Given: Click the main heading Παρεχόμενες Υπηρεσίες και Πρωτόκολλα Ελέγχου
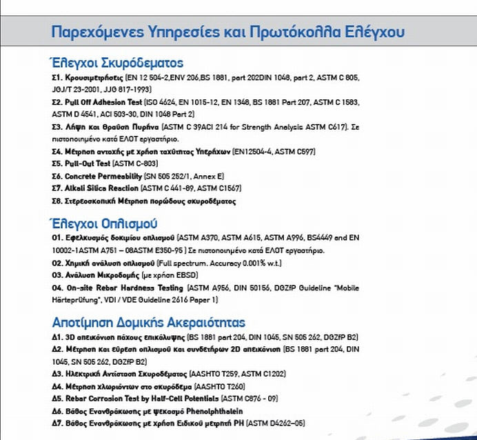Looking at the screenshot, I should [228, 32].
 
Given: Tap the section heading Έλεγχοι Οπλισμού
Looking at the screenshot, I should [105, 223].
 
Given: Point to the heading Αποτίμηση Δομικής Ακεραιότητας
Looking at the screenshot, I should [148, 322].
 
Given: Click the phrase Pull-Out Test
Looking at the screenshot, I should [91, 164].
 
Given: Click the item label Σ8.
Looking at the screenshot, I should [57, 201].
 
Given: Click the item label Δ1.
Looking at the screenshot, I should [57, 337].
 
